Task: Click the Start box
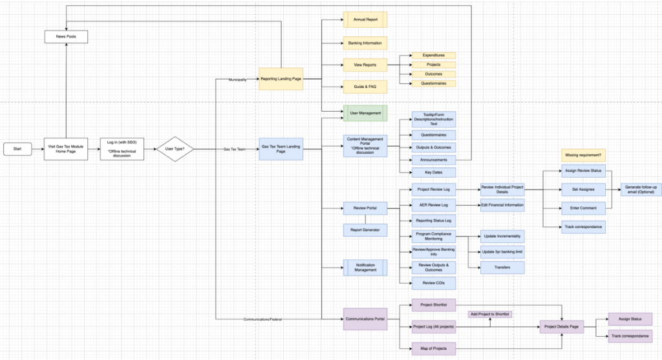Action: click(17, 149)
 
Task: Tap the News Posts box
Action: click(66, 37)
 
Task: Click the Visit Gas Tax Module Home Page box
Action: click(66, 149)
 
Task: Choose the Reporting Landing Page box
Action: click(281, 79)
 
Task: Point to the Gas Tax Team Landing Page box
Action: click(281, 149)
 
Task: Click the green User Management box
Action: click(365, 113)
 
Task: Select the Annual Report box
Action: click(365, 20)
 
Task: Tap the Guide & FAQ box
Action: click(365, 86)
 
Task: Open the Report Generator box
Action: click(365, 229)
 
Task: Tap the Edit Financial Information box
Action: click(502, 206)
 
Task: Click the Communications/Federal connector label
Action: click(262, 319)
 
